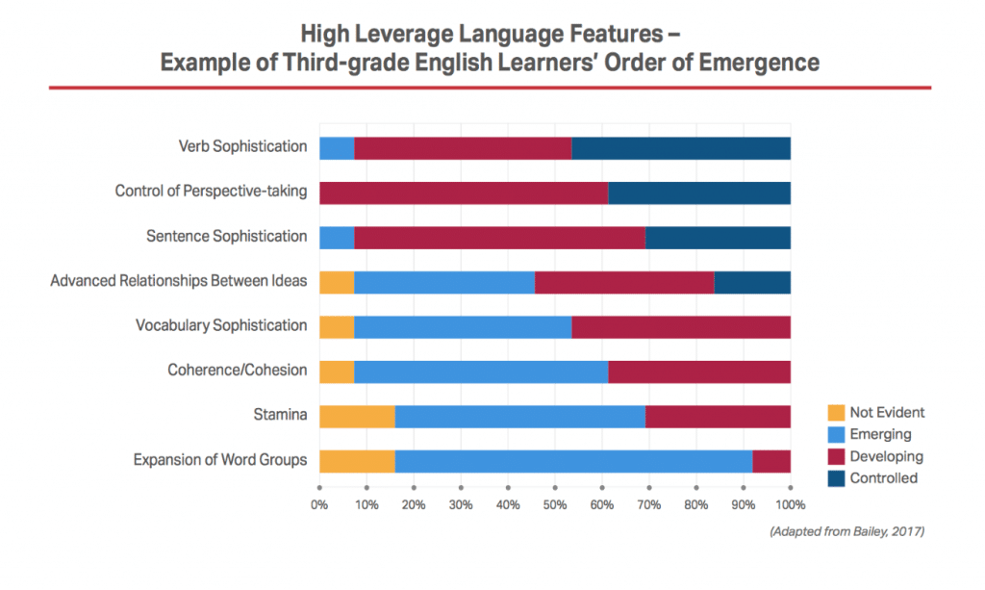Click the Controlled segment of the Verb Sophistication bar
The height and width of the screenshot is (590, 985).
point(681,148)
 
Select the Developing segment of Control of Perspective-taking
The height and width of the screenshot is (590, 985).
point(463,192)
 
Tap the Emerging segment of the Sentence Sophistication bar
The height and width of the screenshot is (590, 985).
point(337,237)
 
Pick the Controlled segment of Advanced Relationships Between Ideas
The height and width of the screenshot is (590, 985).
point(752,282)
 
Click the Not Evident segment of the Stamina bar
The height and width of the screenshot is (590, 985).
point(357,416)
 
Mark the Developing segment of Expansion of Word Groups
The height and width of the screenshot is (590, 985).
point(771,461)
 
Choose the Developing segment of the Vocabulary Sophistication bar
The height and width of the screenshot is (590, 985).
point(681,326)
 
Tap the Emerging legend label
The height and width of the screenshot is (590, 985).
point(880,435)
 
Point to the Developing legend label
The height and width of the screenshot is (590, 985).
point(886,456)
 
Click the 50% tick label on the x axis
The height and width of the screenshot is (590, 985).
point(555,504)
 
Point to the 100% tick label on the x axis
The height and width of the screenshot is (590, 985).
point(790,504)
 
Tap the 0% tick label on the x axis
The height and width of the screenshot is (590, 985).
point(319,504)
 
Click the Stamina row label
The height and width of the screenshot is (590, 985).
point(281,415)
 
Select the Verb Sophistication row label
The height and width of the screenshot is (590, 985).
point(242,147)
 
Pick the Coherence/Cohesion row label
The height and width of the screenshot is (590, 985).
point(237,371)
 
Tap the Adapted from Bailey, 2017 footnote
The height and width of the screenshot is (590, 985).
point(846,531)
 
